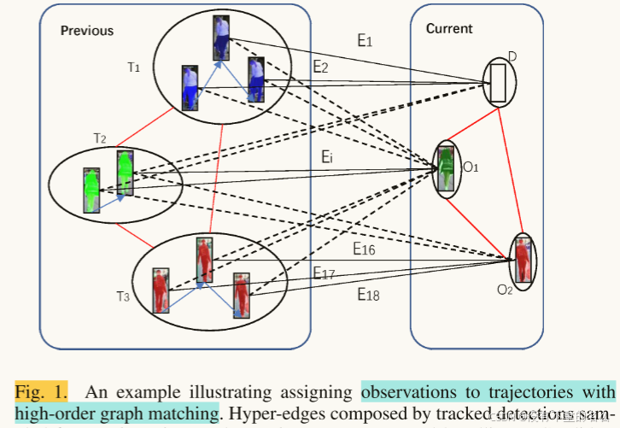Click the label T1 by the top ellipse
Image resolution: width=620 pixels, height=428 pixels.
133,67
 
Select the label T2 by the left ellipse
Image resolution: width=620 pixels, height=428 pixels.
99,138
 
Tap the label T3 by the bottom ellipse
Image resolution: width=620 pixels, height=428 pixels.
123,296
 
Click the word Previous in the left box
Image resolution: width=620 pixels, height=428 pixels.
86,31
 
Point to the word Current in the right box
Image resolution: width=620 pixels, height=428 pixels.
448,29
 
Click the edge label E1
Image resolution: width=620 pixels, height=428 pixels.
365,39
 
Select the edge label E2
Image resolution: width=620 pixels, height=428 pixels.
320,66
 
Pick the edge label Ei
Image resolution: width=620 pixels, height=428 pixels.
327,156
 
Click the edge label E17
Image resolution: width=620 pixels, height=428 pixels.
324,273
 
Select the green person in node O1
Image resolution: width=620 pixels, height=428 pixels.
445,169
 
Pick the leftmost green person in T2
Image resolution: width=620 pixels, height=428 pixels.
92,190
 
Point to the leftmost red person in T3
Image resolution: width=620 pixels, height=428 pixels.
160,290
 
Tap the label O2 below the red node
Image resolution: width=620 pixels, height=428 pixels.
504,290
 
